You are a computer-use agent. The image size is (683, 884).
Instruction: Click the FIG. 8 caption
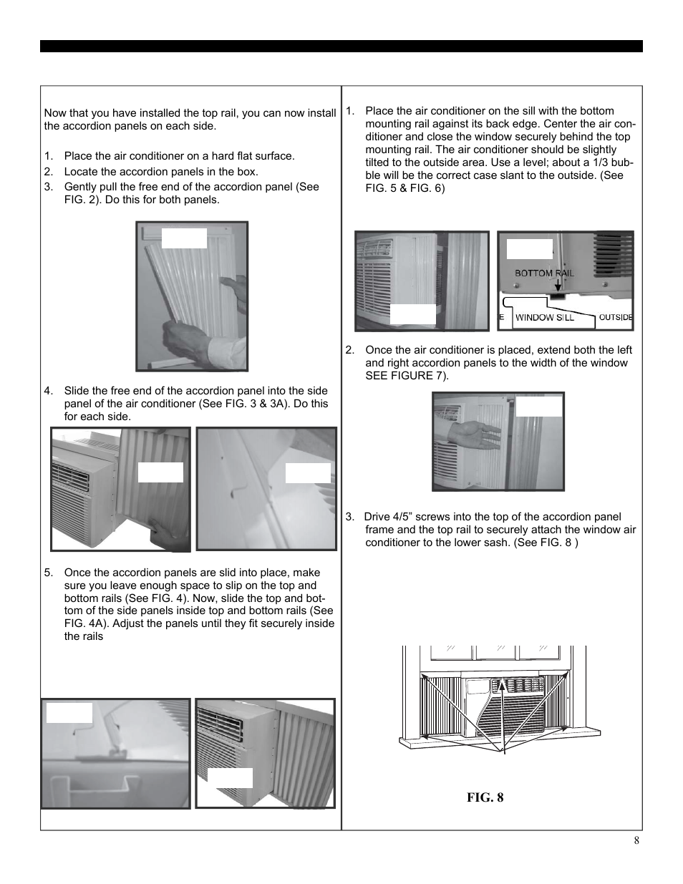point(485,797)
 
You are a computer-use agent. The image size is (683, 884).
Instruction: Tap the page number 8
point(636,841)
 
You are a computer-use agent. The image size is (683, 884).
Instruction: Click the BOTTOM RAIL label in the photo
point(545,273)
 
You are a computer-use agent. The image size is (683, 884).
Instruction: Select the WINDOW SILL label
point(545,317)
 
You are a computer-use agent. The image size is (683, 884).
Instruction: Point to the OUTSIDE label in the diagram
point(615,317)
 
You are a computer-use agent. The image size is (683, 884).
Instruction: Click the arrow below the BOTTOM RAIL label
point(558,286)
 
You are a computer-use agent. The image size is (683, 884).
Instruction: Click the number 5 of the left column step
point(47,573)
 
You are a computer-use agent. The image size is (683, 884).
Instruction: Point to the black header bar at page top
point(341,47)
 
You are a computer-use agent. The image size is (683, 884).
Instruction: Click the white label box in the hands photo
point(184,238)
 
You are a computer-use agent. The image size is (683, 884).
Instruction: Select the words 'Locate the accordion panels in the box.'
point(161,172)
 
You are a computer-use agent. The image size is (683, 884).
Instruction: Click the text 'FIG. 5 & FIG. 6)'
point(405,188)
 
